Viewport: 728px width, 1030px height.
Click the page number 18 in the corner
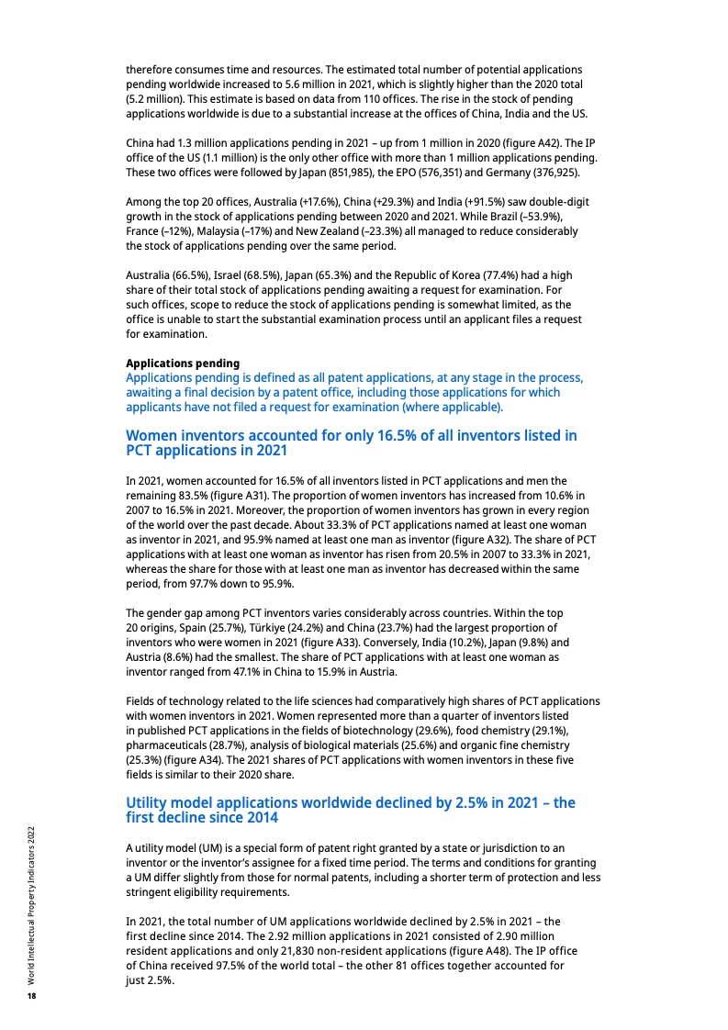point(31,996)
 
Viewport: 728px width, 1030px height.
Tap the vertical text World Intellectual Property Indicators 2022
point(31,905)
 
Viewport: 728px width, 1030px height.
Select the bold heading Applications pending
point(183,363)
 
